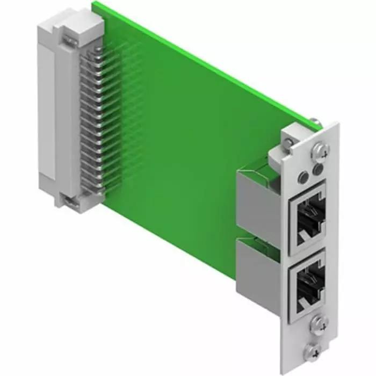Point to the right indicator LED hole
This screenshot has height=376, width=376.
[318, 170]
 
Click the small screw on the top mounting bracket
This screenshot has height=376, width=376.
[291, 142]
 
